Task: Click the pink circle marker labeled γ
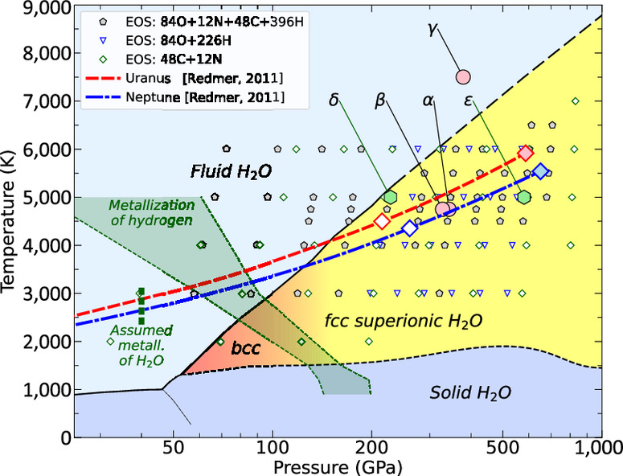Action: coord(462,77)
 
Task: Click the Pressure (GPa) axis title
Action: coord(337,467)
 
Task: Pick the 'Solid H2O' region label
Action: coord(471,393)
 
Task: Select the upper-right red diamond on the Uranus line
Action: coord(526,153)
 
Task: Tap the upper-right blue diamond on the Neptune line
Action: coord(540,171)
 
